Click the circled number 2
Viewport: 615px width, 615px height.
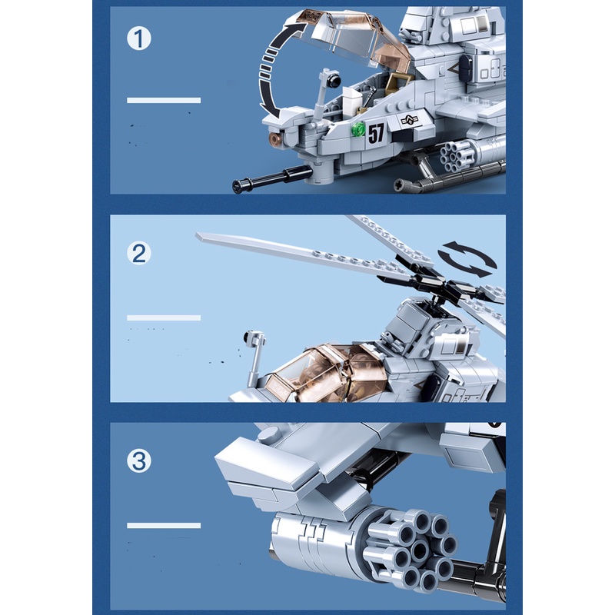pos(139,253)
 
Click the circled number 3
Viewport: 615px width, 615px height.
pos(139,460)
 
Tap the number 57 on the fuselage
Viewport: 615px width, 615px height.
pos(376,133)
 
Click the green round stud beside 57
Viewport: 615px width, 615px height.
pos(358,129)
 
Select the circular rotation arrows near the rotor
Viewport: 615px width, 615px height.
pos(467,259)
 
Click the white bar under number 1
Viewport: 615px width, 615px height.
pos(164,101)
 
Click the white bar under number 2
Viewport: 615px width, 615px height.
pos(164,317)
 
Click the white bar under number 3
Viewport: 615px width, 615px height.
pos(164,525)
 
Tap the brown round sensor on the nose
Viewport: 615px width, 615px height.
pos(275,138)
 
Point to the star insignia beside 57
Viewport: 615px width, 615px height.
pos(410,120)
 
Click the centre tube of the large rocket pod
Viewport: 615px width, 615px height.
pos(419,550)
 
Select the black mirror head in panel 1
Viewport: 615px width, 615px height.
pos(334,80)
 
